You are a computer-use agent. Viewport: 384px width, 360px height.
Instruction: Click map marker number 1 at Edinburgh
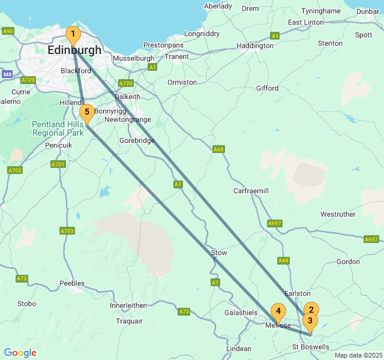pyautogui.click(x=73, y=35)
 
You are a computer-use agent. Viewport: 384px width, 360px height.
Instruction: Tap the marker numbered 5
pyautogui.click(x=87, y=112)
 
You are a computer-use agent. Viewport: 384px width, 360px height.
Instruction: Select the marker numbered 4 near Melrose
pyautogui.click(x=278, y=311)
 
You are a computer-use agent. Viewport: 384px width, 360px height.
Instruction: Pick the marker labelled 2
pyautogui.click(x=311, y=310)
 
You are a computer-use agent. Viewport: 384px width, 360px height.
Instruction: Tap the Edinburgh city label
pyautogui.click(x=74, y=50)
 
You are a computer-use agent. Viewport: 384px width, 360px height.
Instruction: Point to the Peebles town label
pyautogui.click(x=72, y=283)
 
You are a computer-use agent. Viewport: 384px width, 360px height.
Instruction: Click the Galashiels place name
pyautogui.click(x=241, y=313)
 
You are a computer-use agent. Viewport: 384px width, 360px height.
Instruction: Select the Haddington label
pyautogui.click(x=255, y=46)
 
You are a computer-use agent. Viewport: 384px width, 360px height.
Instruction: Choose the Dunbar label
pyautogui.click(x=368, y=11)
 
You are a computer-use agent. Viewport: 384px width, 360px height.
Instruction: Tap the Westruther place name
pyautogui.click(x=338, y=214)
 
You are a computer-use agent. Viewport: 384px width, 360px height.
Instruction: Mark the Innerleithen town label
pyautogui.click(x=128, y=305)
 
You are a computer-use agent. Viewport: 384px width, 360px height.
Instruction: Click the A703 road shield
pyautogui.click(x=67, y=230)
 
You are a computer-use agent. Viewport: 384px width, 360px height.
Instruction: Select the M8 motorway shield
pyautogui.click(x=7, y=74)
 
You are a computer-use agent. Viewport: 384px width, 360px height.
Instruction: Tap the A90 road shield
pyautogui.click(x=8, y=31)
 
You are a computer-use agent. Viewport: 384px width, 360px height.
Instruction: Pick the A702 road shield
pyautogui.click(x=15, y=170)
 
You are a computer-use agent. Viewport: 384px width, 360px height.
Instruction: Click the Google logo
pyautogui.click(x=20, y=353)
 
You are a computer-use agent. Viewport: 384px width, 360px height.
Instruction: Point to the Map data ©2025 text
pyautogui.click(x=358, y=355)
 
